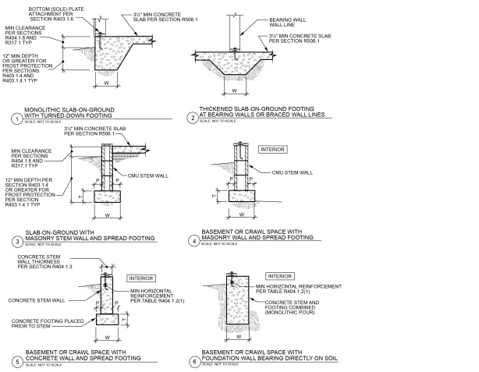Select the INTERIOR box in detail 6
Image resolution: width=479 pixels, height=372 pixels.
(x=279, y=275)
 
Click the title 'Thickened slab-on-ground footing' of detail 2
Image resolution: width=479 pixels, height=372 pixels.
(x=257, y=113)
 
